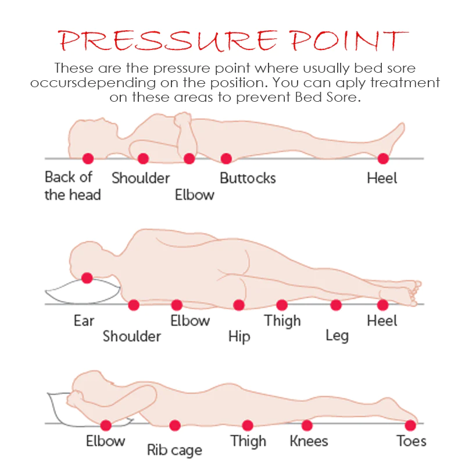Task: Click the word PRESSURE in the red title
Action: tap(167, 40)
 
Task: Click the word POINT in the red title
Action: tap(349, 40)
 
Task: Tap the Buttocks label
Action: tap(248, 178)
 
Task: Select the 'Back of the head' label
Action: tap(73, 186)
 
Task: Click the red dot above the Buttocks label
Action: tap(226, 158)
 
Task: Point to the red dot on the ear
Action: tap(87, 278)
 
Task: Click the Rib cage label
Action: tap(174, 450)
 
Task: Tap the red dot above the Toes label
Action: tap(410, 425)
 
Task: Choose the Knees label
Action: tap(309, 441)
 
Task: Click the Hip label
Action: tap(239, 337)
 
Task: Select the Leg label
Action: tap(337, 336)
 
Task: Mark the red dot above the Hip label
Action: tap(239, 305)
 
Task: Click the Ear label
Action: tap(84, 321)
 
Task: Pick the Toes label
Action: tap(412, 441)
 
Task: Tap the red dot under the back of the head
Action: tap(88, 158)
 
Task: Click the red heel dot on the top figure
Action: tap(383, 158)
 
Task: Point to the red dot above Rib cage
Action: tap(175, 425)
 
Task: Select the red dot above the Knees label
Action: tap(307, 425)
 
